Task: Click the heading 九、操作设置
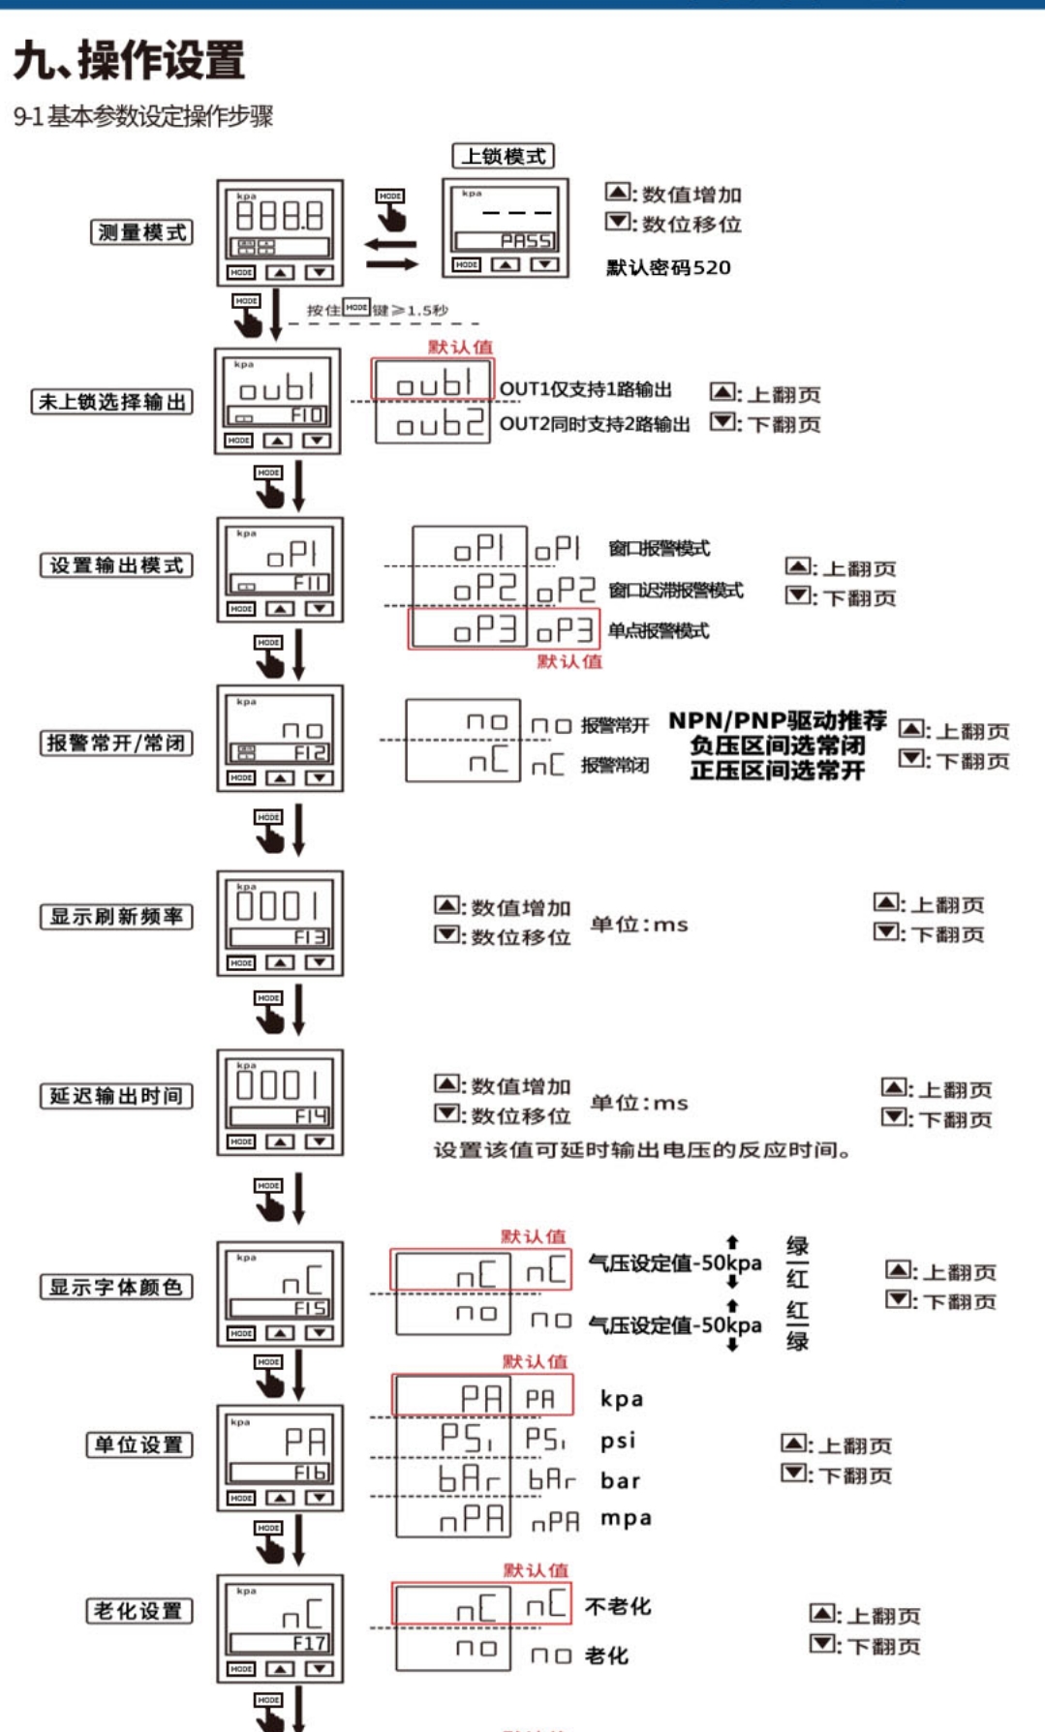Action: point(129,61)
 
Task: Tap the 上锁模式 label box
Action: point(503,156)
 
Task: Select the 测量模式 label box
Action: point(141,232)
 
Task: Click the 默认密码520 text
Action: point(668,268)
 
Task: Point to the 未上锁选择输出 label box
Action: point(111,402)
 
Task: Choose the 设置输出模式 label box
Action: point(116,565)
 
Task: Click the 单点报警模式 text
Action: point(659,631)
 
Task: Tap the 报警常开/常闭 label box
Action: point(116,743)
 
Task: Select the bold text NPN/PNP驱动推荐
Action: point(777,721)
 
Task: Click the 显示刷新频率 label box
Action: point(116,917)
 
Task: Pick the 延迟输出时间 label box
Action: point(116,1096)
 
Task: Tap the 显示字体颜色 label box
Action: point(116,1288)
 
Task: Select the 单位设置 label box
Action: point(139,1445)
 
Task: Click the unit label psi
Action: point(618,1441)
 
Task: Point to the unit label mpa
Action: point(626,1518)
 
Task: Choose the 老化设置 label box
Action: point(139,1611)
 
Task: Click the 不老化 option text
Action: point(618,1607)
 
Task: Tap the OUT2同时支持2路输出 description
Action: point(595,424)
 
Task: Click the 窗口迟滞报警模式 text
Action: point(676,591)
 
